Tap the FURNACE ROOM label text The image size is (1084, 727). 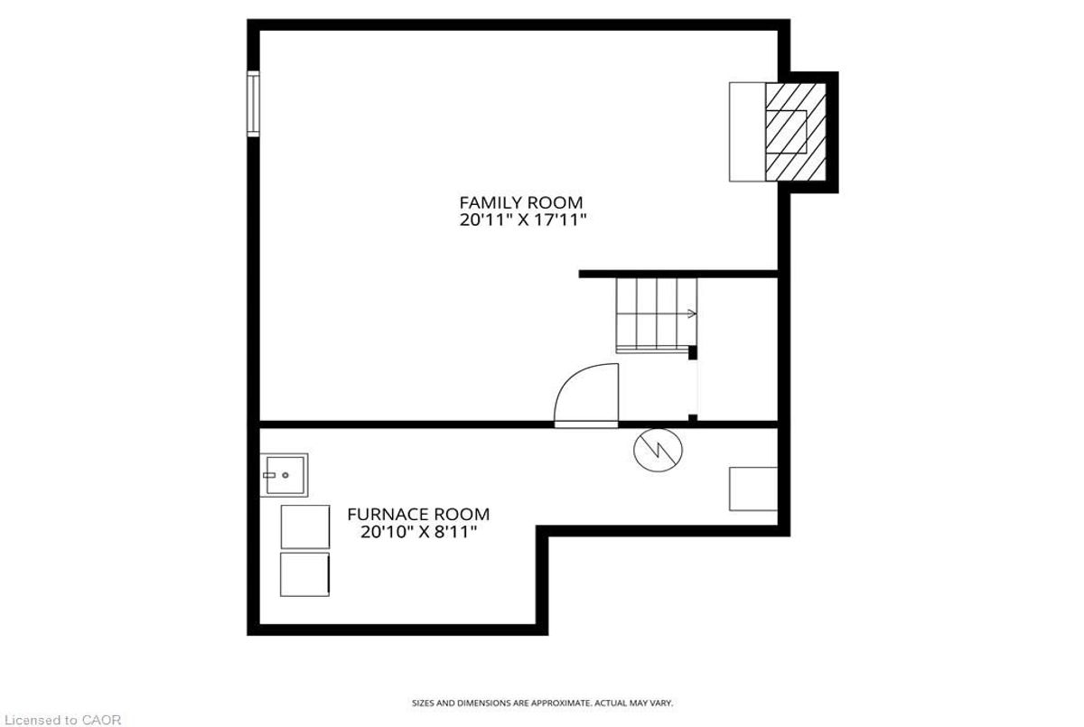[418, 515]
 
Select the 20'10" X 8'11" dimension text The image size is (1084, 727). [418, 533]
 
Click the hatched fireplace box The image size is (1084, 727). [796, 132]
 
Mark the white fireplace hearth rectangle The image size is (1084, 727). [747, 132]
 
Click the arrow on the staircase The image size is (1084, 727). [691, 314]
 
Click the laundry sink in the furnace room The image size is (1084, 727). [285, 475]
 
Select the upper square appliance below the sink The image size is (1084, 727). [304, 527]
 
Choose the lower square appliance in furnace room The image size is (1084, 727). [304, 574]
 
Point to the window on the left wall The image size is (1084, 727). [254, 104]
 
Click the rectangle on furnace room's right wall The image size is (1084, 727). [753, 489]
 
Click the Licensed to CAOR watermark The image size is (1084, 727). [61, 720]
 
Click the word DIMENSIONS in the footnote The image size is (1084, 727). [475, 703]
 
